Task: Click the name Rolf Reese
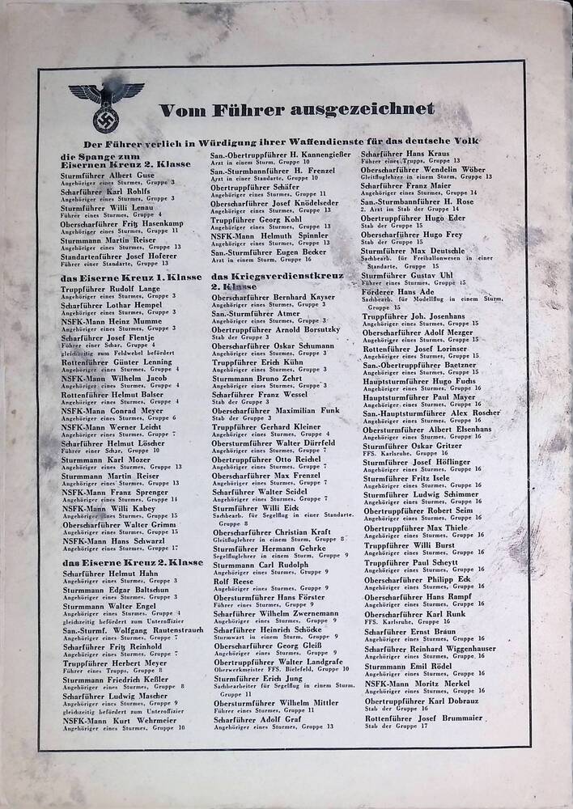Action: (x=232, y=581)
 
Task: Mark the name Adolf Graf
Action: (x=244, y=719)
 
